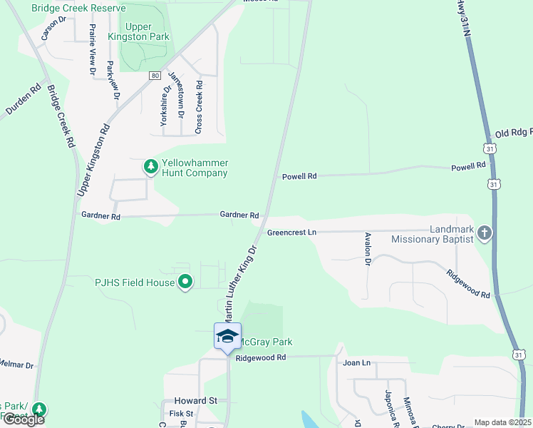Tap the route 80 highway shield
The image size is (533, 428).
154,75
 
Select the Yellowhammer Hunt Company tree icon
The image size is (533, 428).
150,167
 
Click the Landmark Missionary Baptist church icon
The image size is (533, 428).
484,233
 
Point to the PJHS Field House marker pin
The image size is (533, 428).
185,282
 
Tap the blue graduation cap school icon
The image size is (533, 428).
227,336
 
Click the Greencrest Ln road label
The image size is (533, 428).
291,233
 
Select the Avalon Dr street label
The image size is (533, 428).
368,250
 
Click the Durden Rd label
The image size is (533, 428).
24,101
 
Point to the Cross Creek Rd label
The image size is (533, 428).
199,106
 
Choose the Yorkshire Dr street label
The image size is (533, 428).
165,107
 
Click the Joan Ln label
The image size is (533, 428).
356,363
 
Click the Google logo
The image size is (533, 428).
23,419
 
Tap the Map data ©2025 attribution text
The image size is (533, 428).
502,422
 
